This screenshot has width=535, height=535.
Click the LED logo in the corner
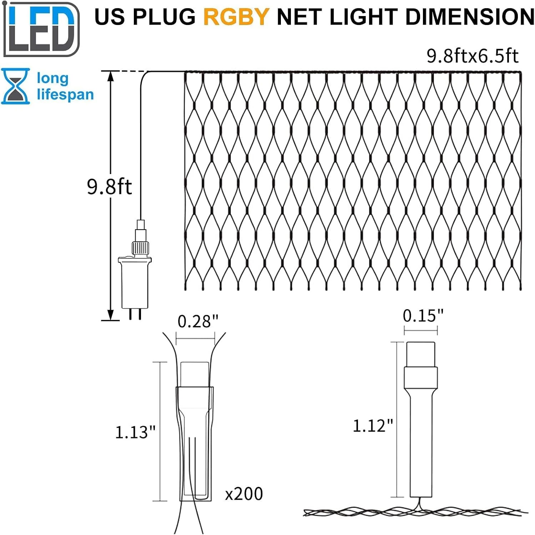point(41,29)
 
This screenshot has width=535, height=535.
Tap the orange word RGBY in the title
point(236,17)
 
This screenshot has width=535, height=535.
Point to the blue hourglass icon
point(15,86)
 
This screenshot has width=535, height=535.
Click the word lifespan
point(65,95)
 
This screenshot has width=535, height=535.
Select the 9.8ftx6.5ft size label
point(472,56)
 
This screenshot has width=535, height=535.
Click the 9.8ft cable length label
point(109,187)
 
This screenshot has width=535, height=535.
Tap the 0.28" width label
point(198,321)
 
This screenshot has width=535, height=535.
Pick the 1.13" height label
point(135,432)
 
